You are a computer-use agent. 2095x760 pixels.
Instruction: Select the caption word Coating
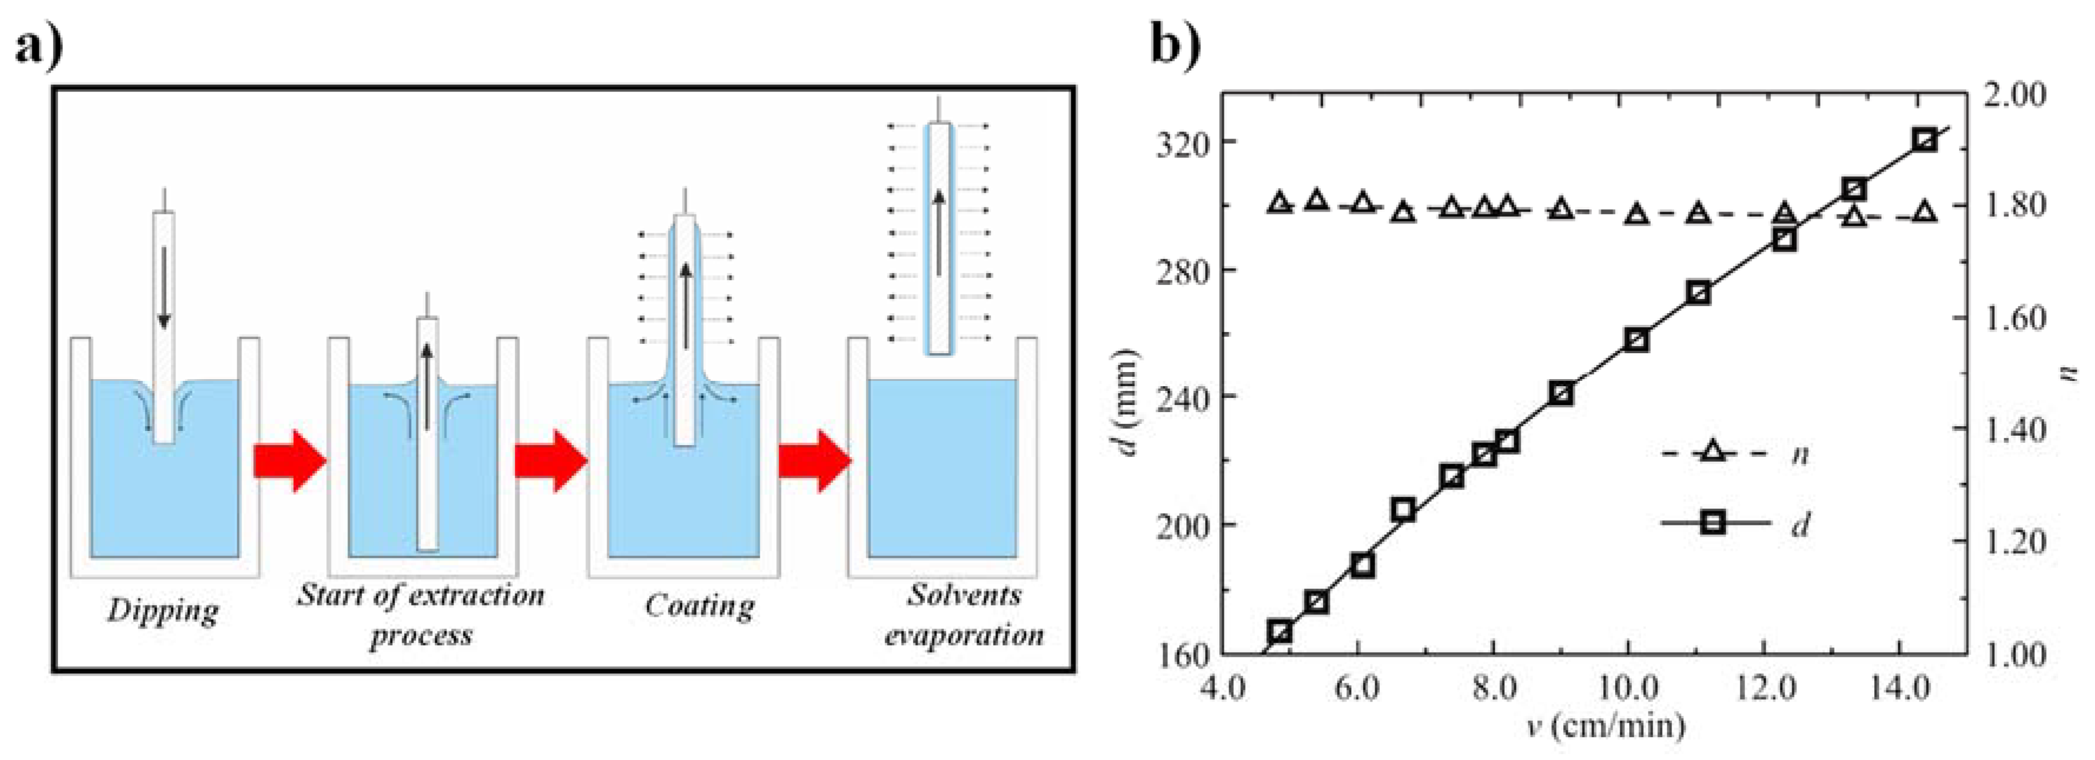point(700,606)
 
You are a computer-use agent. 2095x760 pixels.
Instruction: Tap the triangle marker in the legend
point(1713,452)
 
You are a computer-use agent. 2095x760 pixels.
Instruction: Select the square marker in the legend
point(1713,522)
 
